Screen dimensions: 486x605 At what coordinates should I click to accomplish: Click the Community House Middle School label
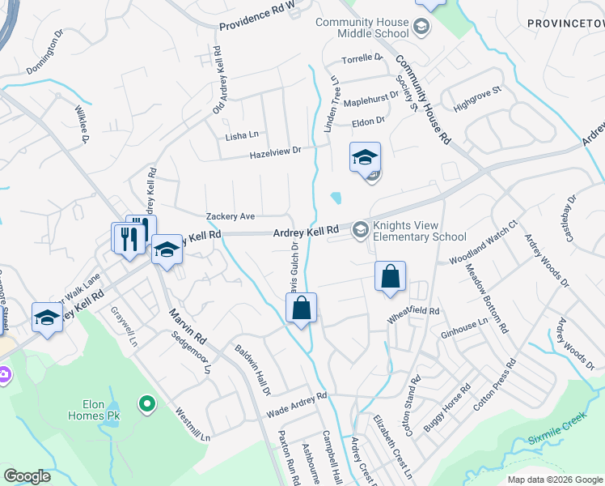click(x=362, y=28)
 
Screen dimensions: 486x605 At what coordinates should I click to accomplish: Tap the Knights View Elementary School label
click(x=418, y=231)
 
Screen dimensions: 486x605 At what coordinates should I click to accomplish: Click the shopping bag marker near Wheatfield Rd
click(x=390, y=277)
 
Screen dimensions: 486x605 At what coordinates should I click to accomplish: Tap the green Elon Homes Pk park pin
click(x=146, y=403)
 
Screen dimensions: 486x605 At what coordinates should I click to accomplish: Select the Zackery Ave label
click(x=231, y=216)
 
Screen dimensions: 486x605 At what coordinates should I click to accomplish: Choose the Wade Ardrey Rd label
click(x=296, y=402)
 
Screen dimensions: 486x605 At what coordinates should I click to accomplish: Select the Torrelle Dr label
click(x=362, y=58)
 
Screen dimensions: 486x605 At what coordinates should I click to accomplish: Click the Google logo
click(x=27, y=476)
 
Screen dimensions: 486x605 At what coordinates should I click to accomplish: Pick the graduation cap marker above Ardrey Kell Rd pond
click(x=365, y=157)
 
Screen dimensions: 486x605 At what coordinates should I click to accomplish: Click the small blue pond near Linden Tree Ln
click(x=336, y=197)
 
